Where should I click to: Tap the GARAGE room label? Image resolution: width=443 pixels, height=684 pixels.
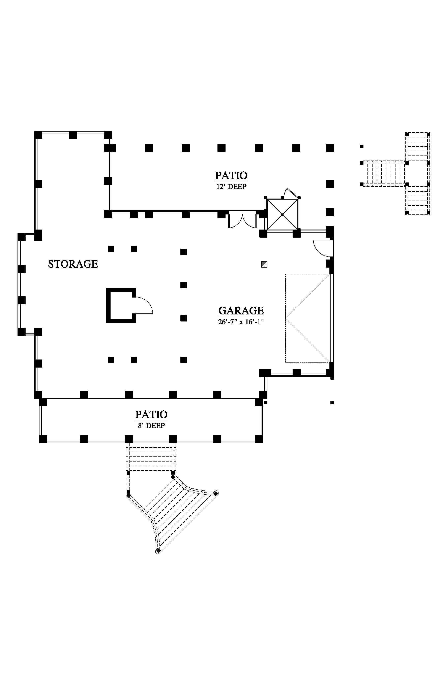click(241, 310)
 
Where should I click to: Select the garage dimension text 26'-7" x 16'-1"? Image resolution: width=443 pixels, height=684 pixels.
click(241, 322)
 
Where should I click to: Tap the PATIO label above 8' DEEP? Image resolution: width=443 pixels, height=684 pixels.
click(151, 414)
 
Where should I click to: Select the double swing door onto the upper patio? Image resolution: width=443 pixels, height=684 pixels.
click(242, 221)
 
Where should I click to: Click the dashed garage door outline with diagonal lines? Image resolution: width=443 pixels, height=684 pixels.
click(307, 318)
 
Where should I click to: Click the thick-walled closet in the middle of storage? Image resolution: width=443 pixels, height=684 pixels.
click(121, 305)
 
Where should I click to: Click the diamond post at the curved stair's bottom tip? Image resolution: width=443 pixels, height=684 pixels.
click(158, 551)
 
